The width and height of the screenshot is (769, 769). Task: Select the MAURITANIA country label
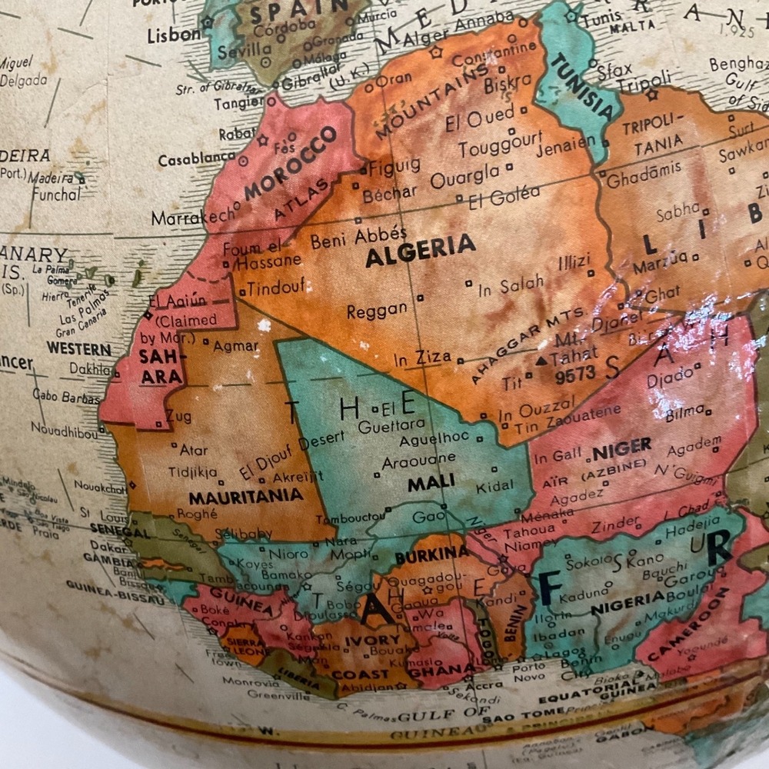[245, 497]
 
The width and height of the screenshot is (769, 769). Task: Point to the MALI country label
[431, 482]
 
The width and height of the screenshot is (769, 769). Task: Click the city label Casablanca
[196, 159]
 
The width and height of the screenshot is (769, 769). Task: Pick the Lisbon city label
[173, 34]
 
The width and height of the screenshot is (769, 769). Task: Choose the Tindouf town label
[273, 287]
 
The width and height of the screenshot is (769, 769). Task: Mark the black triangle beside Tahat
[541, 360]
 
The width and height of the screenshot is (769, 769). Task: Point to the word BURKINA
[431, 553]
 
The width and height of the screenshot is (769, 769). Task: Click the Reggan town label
[377, 311]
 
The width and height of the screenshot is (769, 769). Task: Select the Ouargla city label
[464, 176]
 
